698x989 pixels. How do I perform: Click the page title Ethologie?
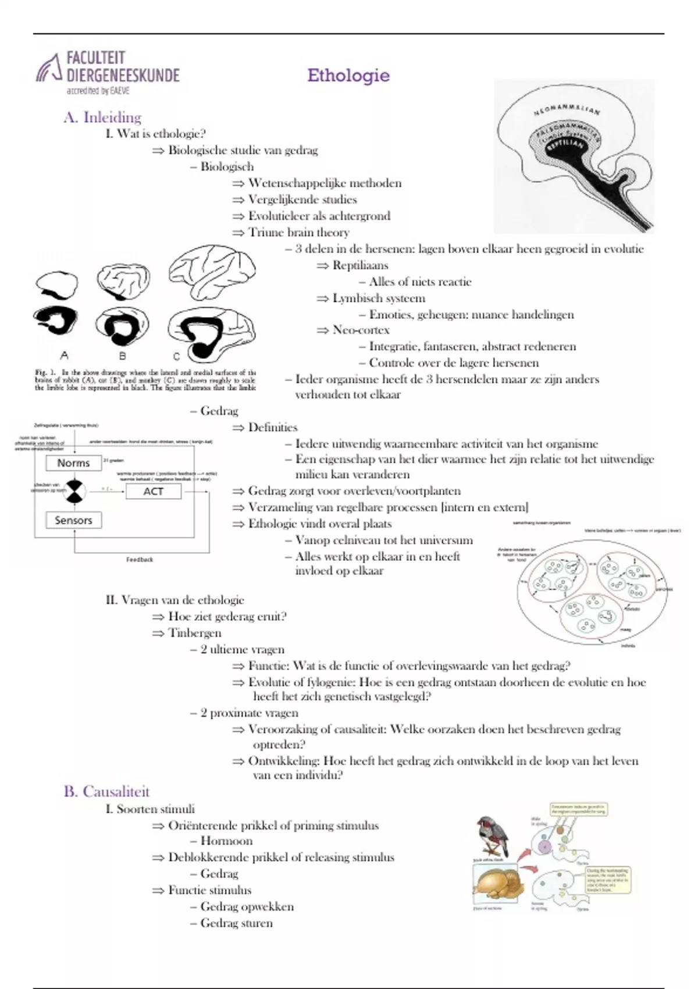pyautogui.click(x=348, y=76)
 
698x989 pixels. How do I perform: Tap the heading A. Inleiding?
pyautogui.click(x=102, y=118)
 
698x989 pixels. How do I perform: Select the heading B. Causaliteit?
pyautogui.click(x=106, y=792)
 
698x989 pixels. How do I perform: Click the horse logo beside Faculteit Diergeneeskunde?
pyautogui.click(x=49, y=69)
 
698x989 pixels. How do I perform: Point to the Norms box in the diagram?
pyautogui.click(x=73, y=463)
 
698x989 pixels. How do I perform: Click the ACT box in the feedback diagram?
pyautogui.click(x=154, y=492)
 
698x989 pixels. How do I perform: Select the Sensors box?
pyautogui.click(x=73, y=520)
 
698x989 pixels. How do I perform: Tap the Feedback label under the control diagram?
pyautogui.click(x=140, y=560)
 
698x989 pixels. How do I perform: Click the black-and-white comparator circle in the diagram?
pyautogui.click(x=74, y=492)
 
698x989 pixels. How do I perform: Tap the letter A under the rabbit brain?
pyautogui.click(x=64, y=355)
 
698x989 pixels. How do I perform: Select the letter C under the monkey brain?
pyautogui.click(x=176, y=356)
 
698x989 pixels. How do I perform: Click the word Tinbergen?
pyautogui.click(x=195, y=633)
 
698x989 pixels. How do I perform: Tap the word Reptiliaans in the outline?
pyautogui.click(x=360, y=265)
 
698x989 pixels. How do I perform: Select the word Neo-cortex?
pyautogui.click(x=361, y=330)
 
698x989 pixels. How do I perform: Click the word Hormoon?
pyautogui.click(x=226, y=841)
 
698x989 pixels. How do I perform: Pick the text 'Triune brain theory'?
pyautogui.click(x=298, y=232)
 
